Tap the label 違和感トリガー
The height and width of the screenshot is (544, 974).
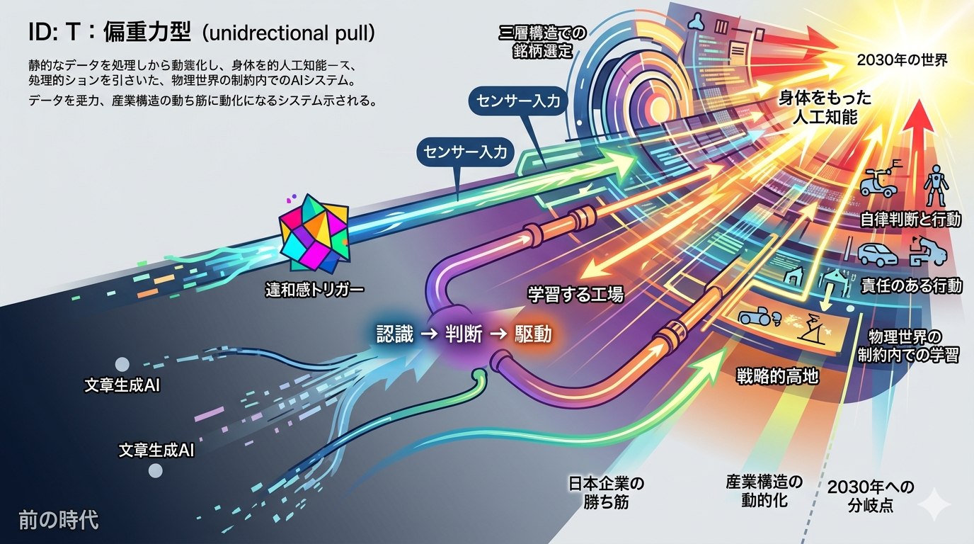[x=315, y=290]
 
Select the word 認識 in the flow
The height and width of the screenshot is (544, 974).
[x=395, y=334]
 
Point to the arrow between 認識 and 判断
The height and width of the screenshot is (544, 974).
[x=430, y=334]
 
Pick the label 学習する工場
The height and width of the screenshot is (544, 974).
[x=575, y=294]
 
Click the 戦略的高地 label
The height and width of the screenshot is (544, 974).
[x=777, y=376]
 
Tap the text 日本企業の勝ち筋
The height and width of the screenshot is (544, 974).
[x=606, y=493]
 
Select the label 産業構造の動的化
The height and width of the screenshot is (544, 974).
[x=764, y=491]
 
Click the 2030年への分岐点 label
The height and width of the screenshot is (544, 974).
[x=871, y=496]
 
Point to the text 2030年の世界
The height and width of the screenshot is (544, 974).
[x=903, y=60]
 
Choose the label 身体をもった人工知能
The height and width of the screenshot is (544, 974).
[x=825, y=108]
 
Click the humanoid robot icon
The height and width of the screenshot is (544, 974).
[x=935, y=185]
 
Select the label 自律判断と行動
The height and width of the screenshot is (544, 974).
[x=910, y=220]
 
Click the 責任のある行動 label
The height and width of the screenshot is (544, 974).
[x=912, y=285]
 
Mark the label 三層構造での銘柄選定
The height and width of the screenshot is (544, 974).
[x=542, y=42]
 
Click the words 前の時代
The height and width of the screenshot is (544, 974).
[x=59, y=520]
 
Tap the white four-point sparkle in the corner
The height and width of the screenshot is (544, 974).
[x=935, y=504]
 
